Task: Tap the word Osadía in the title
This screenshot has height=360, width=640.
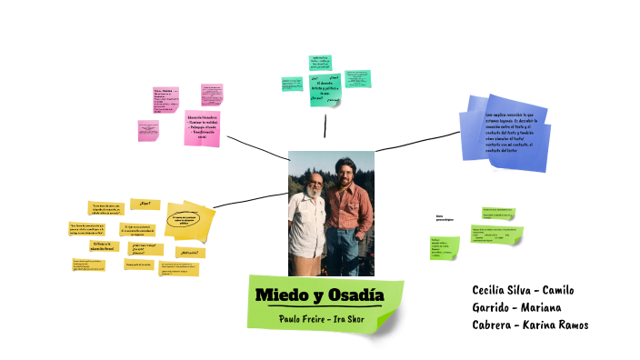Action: click(x=355, y=295)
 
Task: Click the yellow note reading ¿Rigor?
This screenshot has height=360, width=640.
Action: click(x=145, y=204)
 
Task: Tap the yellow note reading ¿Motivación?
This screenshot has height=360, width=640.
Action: click(x=191, y=252)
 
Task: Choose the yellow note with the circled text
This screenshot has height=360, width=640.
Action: click(x=189, y=221)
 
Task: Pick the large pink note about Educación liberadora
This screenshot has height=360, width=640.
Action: click(x=204, y=126)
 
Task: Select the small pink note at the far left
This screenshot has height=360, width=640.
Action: click(x=149, y=130)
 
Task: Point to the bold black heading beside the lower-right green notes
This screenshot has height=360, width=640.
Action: click(x=445, y=218)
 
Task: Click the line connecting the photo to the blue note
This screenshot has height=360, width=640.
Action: click(x=418, y=141)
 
